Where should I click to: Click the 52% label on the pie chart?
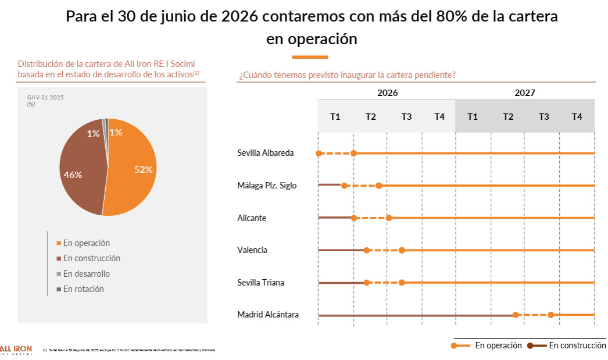(143, 170)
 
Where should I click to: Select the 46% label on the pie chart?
(73, 174)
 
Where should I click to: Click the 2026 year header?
(387, 92)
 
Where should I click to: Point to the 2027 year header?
(524, 92)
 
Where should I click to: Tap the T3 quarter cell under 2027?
(543, 116)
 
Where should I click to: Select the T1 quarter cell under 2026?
(335, 116)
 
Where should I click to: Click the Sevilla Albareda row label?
(265, 153)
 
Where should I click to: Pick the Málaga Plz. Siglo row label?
(267, 186)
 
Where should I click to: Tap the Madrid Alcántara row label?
(268, 315)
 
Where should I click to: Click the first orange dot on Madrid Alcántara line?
(516, 315)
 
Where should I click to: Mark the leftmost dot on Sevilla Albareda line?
(319, 154)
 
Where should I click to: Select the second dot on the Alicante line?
(389, 218)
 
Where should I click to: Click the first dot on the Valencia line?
(366, 250)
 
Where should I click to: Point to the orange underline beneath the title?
(310, 57)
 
